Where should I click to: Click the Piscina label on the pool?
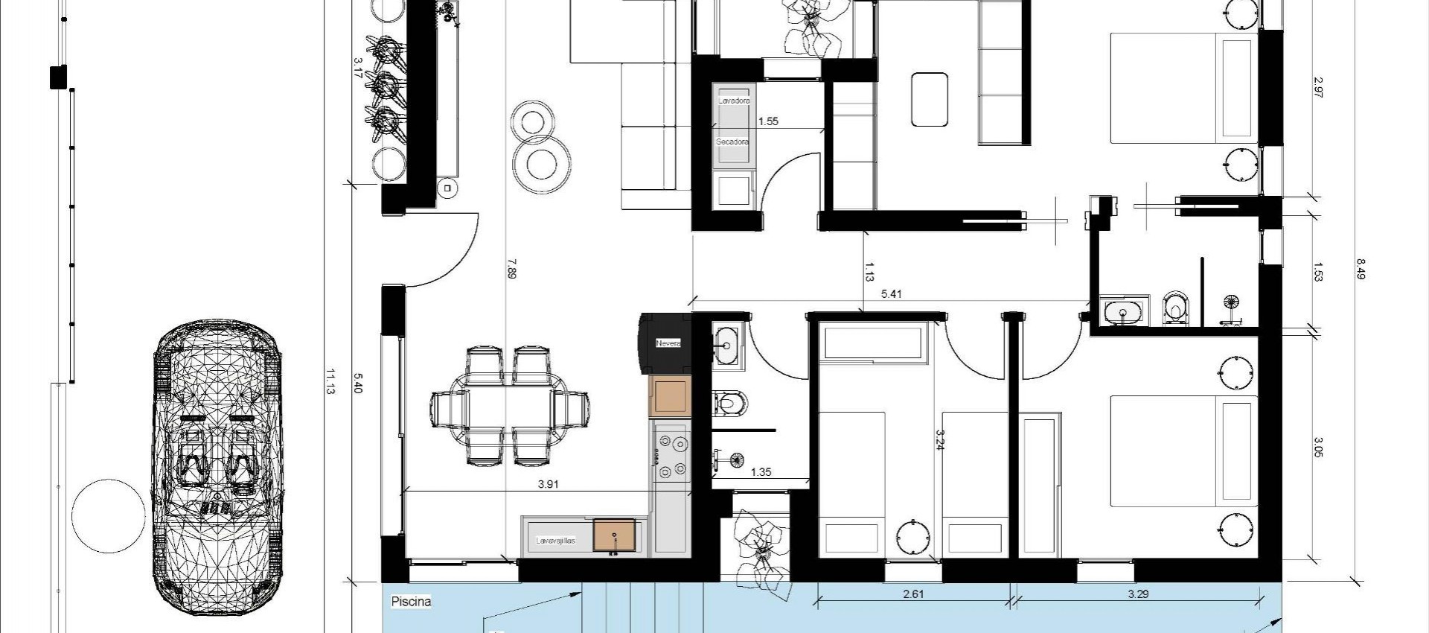point(411,601)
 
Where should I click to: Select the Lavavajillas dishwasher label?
point(556,541)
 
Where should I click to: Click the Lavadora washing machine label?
point(734,100)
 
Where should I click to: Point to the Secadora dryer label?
point(732,141)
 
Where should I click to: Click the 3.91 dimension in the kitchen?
point(549,484)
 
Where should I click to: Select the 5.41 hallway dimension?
point(891,294)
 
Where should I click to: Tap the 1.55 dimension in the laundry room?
point(768,121)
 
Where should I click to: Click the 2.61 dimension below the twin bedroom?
point(913,594)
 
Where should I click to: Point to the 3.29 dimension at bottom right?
point(1138,594)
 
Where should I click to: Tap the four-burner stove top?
point(671,457)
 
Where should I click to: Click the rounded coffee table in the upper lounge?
point(929,98)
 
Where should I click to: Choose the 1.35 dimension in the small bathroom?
point(761,472)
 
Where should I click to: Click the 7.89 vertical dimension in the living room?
point(511,268)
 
